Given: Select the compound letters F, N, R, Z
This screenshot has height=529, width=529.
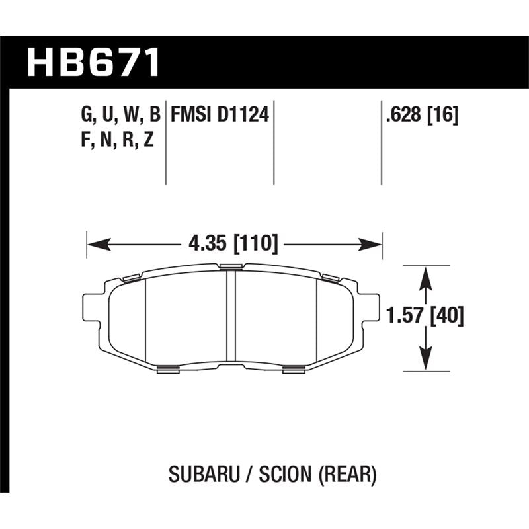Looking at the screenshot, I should [x=116, y=140].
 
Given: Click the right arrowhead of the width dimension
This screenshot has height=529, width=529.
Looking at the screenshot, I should [x=374, y=245].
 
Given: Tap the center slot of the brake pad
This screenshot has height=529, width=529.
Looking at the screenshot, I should [x=231, y=317].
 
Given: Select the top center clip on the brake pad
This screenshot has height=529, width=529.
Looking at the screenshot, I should [x=231, y=267].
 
